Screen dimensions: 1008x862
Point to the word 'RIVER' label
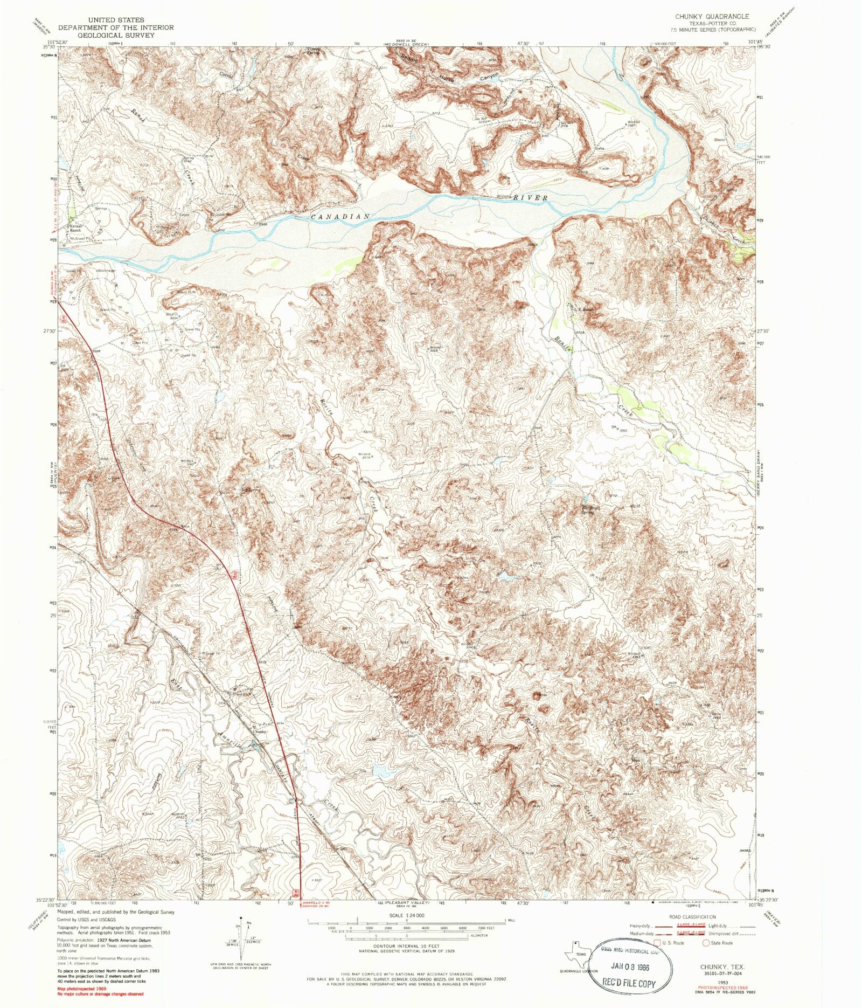click(x=530, y=198)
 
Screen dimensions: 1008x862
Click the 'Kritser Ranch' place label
click(x=75, y=228)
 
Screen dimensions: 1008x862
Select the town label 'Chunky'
click(x=260, y=731)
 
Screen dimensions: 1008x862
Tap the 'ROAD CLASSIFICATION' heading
click(x=692, y=916)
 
